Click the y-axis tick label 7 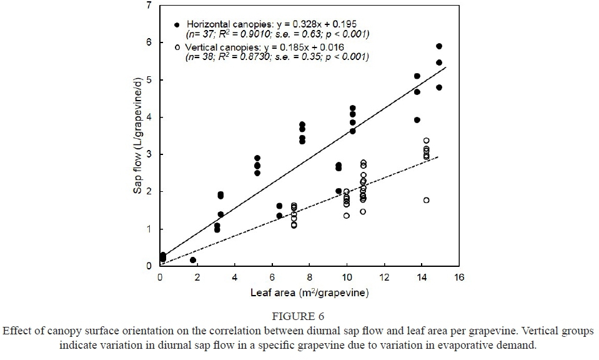click(x=149, y=6)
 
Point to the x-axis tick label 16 click(x=459, y=277)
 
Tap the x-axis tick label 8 click(x=310, y=277)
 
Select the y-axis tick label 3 click(x=149, y=154)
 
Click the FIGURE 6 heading click(x=298, y=317)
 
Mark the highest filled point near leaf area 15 click(x=439, y=46)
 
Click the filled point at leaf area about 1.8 click(x=193, y=260)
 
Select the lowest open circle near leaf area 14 click(x=426, y=200)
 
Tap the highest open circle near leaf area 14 click(x=426, y=141)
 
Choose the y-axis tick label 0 click(x=149, y=267)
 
